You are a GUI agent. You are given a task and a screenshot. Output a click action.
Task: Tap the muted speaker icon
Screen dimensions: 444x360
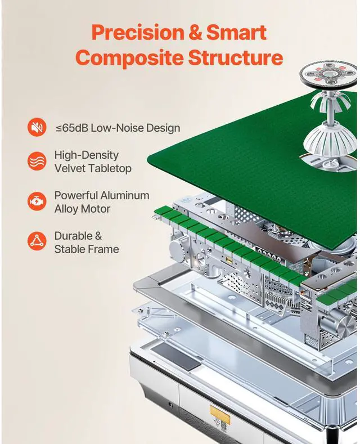tap(37, 128)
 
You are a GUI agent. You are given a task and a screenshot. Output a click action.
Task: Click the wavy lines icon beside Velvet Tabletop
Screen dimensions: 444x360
tap(37, 161)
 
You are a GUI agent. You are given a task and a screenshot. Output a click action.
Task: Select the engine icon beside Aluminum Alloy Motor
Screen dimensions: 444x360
tap(37, 201)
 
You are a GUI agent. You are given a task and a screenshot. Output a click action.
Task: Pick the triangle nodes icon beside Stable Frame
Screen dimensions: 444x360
tap(37, 242)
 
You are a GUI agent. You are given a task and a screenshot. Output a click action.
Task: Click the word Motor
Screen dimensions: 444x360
tap(95, 209)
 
